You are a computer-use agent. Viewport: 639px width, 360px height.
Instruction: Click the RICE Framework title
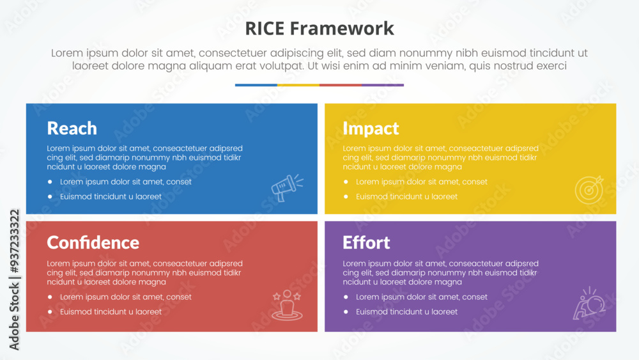tap(319, 29)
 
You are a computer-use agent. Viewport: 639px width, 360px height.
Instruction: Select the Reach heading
tap(72, 129)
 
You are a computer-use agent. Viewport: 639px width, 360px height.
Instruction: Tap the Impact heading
tap(371, 129)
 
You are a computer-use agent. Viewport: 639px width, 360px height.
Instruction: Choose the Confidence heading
tap(93, 242)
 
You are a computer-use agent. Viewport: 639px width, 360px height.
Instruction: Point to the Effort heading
tap(366, 242)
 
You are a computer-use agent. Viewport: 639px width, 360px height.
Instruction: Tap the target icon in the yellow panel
tap(589, 189)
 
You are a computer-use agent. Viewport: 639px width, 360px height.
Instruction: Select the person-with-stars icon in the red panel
tap(287, 305)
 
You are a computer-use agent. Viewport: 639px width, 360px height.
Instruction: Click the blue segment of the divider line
tap(256, 85)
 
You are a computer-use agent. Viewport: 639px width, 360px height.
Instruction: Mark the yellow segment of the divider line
tap(298, 85)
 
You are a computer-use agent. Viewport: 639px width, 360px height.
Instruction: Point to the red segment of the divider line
tap(341, 85)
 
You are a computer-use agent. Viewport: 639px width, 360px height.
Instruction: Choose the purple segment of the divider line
tap(383, 85)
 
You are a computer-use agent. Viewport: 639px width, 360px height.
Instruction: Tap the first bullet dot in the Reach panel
tap(50, 182)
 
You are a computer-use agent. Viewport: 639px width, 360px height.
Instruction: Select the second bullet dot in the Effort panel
tap(346, 312)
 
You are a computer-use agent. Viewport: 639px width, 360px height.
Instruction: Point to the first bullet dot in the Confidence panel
tap(50, 297)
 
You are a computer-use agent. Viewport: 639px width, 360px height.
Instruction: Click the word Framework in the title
tap(342, 29)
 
